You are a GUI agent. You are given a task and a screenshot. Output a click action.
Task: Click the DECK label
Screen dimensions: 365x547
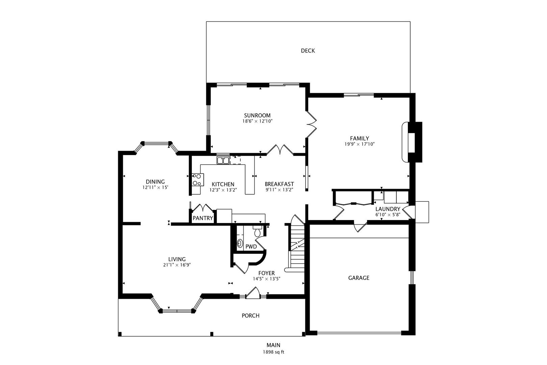(308, 51)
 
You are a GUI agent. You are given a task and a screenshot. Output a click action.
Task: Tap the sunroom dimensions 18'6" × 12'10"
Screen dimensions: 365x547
(257, 121)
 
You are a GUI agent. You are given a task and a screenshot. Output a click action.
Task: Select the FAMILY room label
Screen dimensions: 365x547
(359, 138)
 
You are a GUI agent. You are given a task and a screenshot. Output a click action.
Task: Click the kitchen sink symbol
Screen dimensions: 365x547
(223, 160)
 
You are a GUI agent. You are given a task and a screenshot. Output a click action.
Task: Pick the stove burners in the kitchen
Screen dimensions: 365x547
(197, 179)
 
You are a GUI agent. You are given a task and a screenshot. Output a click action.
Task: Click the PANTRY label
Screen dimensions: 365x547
(203, 218)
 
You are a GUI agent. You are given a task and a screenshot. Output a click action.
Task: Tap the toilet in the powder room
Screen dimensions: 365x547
(257, 232)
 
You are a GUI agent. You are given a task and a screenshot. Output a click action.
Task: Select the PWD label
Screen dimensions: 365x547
(251, 247)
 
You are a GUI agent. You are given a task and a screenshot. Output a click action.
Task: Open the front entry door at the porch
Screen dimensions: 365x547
(253, 293)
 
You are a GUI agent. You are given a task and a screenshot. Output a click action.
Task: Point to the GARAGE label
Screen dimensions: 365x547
(359, 278)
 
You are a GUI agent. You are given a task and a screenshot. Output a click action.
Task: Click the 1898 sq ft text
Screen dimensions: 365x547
(273, 352)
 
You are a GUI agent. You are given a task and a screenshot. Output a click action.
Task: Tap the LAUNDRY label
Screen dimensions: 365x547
(388, 209)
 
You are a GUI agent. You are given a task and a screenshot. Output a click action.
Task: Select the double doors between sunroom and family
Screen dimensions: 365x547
(311, 124)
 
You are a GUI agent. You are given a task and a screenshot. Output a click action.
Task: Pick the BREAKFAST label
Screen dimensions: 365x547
(279, 184)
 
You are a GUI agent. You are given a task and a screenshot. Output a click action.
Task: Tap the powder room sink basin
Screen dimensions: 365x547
(240, 243)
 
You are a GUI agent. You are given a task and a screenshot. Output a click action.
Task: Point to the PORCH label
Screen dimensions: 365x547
(251, 316)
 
